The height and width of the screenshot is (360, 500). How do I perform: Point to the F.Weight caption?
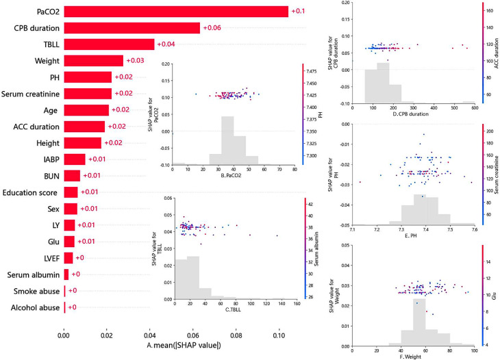tap(409, 356)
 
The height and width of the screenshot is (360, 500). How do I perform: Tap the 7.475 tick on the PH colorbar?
tap(316, 71)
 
